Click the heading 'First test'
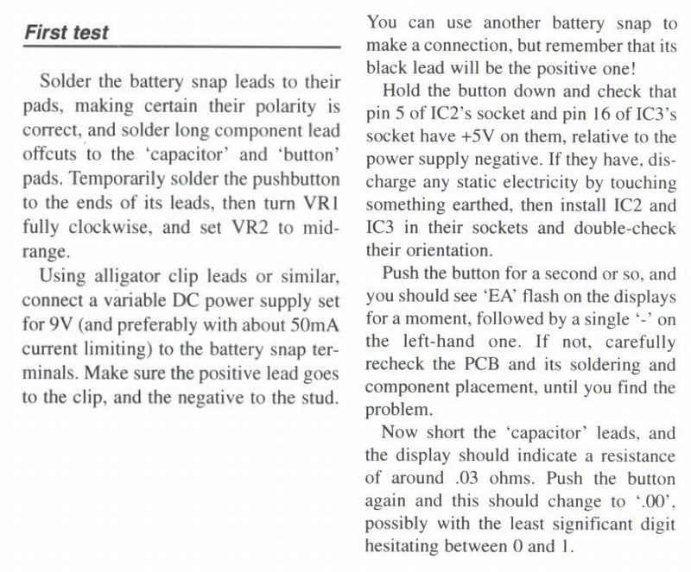(67, 33)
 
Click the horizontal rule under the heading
(181, 47)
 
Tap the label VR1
(322, 207)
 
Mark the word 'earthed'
(469, 205)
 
